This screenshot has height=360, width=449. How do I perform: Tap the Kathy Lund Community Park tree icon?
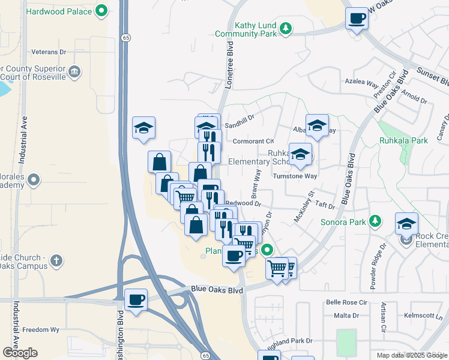point(287,27)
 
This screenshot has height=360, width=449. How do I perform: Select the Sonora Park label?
point(349,222)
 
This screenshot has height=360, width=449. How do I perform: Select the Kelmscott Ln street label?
point(423,315)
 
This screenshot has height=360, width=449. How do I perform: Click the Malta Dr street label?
point(346,315)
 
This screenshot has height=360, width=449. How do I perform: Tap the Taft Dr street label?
point(324,205)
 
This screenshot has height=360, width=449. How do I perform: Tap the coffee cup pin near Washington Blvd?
point(136,299)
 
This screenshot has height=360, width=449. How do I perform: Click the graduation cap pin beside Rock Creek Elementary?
point(406,224)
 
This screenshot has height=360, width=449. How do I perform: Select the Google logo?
point(20,353)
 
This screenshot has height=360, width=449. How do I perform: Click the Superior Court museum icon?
point(74,73)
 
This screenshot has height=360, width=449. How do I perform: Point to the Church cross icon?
point(56,260)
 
